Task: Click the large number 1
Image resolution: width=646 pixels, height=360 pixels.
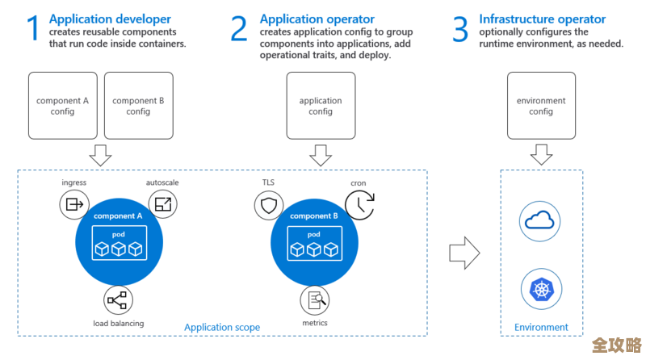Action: click(33, 28)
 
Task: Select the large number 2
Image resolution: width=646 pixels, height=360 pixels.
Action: click(239, 28)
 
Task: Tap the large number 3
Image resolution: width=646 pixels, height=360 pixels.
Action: click(460, 28)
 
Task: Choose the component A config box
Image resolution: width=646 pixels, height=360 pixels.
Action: click(62, 106)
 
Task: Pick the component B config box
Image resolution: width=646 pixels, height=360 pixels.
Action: click(138, 106)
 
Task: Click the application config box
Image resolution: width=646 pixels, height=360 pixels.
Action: click(321, 106)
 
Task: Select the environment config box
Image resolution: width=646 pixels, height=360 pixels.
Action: click(541, 106)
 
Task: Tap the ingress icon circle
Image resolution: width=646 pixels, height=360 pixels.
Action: click(74, 205)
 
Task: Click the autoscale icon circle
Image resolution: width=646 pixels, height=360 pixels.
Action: click(164, 205)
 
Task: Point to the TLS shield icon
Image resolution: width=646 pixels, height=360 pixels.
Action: click(268, 205)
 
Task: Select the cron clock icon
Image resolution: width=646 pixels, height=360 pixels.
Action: click(359, 205)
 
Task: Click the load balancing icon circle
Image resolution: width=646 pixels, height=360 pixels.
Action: click(119, 300)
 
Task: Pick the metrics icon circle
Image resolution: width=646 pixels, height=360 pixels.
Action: click(315, 300)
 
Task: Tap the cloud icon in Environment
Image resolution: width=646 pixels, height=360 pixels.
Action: click(541, 220)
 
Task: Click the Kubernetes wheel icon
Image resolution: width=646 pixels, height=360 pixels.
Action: click(541, 288)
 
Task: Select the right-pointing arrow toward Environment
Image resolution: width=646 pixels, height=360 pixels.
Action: click(464, 253)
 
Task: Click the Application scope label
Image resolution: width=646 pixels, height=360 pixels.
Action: click(222, 327)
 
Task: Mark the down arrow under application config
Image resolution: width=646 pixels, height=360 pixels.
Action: click(321, 154)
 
